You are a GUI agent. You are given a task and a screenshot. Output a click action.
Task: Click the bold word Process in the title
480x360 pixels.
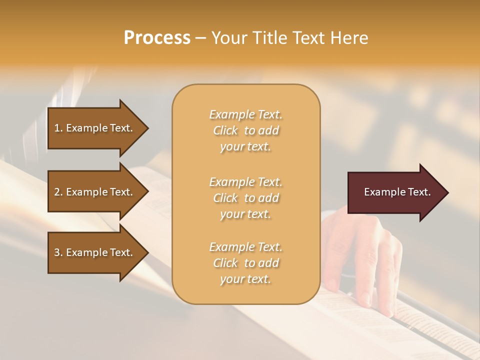coord(157,37)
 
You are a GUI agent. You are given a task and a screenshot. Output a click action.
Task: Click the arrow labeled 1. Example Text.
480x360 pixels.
coord(95,128)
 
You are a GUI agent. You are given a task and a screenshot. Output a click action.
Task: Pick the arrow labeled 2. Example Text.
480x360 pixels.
coord(95,192)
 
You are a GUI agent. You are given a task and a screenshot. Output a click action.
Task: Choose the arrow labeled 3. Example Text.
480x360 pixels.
coord(95,252)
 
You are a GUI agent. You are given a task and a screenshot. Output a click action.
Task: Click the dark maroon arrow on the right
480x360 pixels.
coord(395,192)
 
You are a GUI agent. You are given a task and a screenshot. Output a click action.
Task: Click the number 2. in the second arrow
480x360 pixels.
coord(58,192)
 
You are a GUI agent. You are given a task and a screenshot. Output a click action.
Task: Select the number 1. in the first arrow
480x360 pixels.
coord(58,128)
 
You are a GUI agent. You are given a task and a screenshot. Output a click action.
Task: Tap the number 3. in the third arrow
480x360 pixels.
coord(58,252)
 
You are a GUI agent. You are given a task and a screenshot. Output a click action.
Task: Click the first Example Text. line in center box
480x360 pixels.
coord(245,114)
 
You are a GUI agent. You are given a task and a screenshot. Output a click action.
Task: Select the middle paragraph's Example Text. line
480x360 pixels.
coord(245,181)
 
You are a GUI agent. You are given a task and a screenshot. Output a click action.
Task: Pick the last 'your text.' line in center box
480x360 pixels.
coord(245,279)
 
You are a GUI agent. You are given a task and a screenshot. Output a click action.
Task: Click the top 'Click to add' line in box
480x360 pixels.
coord(245,130)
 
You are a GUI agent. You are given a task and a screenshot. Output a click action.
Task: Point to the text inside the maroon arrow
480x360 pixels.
coord(397,192)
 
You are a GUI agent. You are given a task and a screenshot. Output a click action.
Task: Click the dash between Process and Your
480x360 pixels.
coord(200,38)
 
